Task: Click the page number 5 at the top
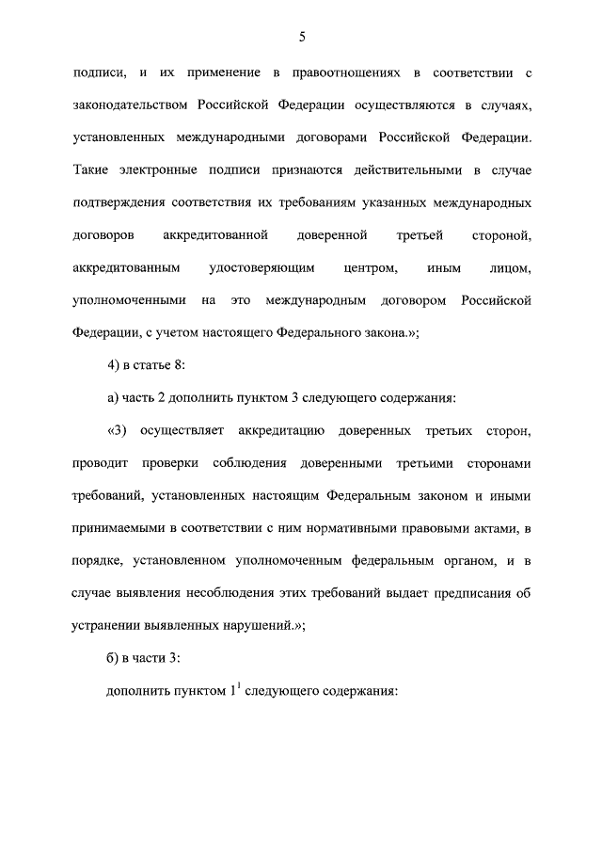pyautogui.click(x=301, y=37)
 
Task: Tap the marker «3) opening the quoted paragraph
pyautogui.click(x=116, y=432)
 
